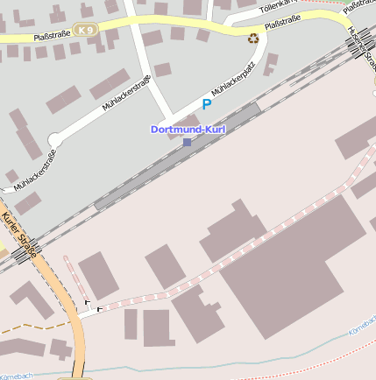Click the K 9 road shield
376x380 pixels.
[x=85, y=30]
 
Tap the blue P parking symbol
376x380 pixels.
[x=207, y=104]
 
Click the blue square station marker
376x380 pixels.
[x=187, y=141]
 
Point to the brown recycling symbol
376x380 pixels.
[x=253, y=38]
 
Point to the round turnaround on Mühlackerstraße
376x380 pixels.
[x=54, y=138]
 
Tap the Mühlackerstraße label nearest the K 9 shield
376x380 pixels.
[x=127, y=93]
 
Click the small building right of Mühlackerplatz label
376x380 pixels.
[x=271, y=63]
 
